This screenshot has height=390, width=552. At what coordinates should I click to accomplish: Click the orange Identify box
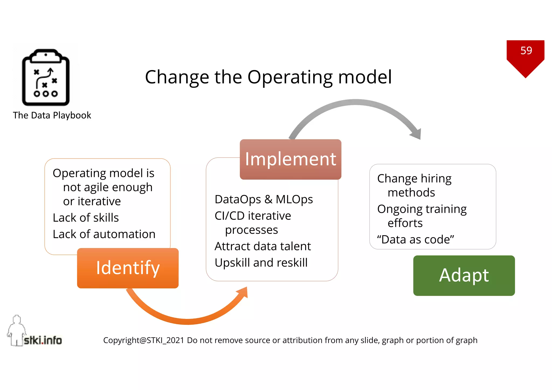coord(128,268)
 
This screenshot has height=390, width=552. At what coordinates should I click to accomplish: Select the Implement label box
coord(290,159)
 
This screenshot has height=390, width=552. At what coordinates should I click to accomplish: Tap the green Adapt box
coord(464,275)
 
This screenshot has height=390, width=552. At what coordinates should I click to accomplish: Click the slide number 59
coord(526,51)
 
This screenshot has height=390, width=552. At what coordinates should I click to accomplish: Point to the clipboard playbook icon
coord(46,77)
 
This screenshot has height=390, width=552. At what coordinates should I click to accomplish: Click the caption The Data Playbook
coord(52,115)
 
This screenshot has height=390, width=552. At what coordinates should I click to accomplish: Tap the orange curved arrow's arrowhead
coord(243,292)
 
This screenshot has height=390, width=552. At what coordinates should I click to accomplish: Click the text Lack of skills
coord(86,218)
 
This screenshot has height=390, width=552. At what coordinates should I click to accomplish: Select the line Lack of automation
coord(104,234)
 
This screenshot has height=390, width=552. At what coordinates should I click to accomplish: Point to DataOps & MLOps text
coord(264,200)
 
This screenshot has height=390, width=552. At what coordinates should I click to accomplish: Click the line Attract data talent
coord(263,246)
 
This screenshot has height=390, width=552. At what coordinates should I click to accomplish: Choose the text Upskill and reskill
coord(261,263)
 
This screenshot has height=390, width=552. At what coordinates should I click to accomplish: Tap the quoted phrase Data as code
coord(415,239)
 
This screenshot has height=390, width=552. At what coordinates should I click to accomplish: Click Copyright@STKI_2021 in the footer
coord(144,340)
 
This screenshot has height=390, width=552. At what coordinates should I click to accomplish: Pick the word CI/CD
coord(229,216)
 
